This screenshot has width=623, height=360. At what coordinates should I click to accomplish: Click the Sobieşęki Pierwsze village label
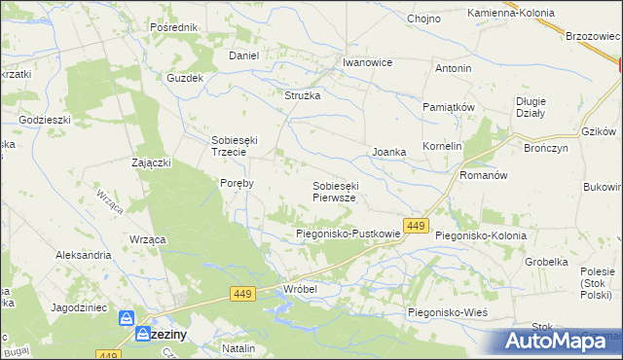(x=340, y=191)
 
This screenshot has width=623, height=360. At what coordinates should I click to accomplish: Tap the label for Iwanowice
(x=367, y=62)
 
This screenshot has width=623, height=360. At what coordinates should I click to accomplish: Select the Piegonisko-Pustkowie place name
(x=348, y=234)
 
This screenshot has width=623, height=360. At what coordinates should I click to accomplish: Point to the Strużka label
(x=302, y=95)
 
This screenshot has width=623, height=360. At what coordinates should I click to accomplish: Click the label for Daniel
(x=243, y=55)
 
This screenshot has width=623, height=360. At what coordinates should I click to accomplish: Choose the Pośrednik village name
(x=174, y=27)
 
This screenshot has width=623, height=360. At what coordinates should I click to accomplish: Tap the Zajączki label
(x=152, y=162)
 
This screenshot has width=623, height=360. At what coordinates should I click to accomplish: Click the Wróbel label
(x=301, y=289)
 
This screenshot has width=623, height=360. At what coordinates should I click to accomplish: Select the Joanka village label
(x=388, y=153)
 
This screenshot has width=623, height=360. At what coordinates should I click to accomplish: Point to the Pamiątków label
(x=448, y=106)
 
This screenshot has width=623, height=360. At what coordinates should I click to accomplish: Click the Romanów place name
(x=484, y=176)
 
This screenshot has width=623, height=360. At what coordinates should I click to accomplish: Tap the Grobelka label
(x=546, y=262)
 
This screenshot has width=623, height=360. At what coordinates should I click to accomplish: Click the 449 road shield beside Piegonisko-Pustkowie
(x=417, y=226)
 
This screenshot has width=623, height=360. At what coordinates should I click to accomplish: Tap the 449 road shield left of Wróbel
(x=244, y=293)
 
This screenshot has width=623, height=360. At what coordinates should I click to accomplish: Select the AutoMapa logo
(x=559, y=341)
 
